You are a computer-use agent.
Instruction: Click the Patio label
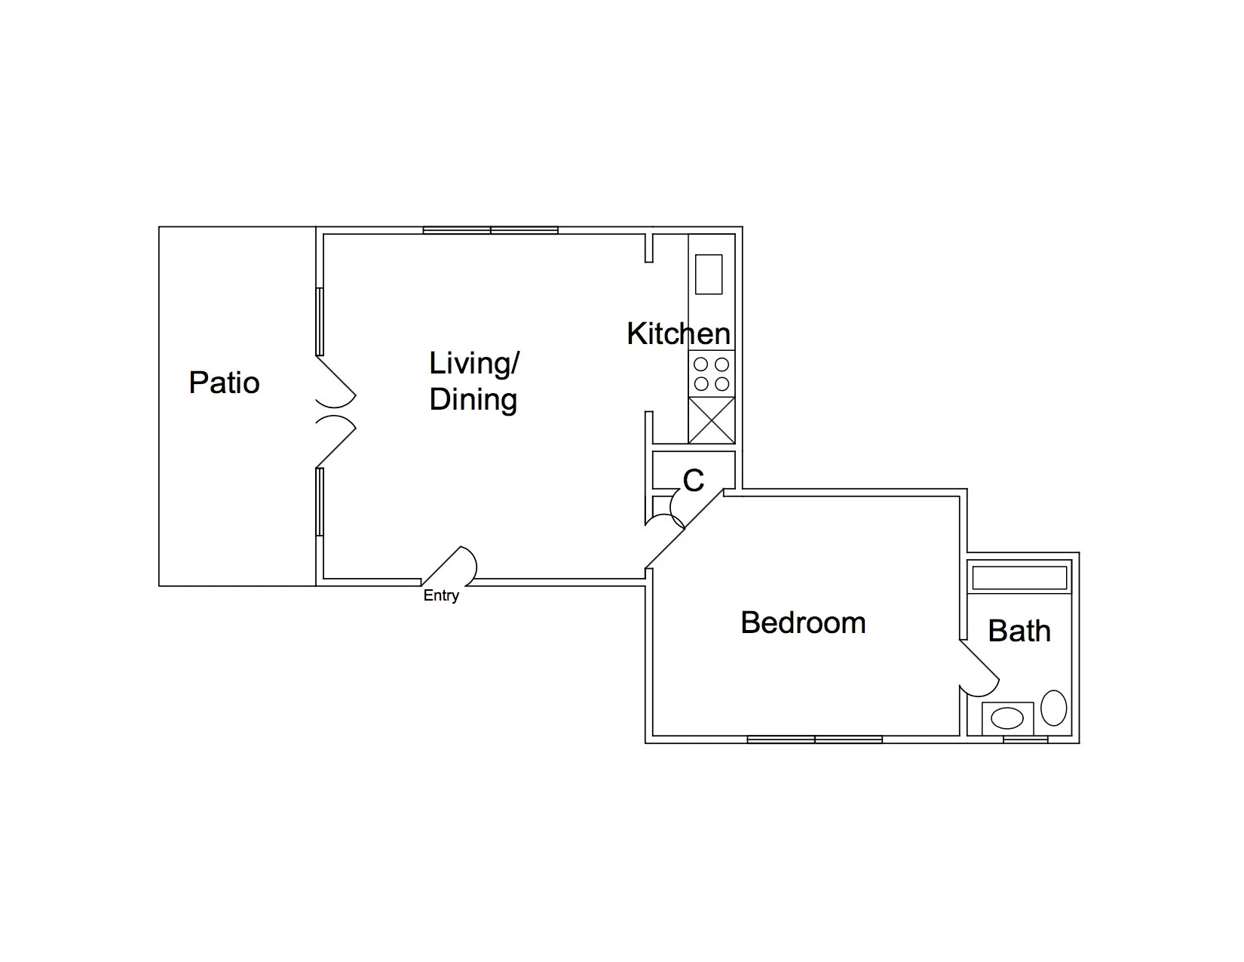tap(224, 383)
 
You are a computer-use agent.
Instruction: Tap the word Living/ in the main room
tap(473, 363)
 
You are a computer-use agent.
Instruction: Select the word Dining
tap(473, 399)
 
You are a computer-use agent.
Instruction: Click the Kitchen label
tap(678, 333)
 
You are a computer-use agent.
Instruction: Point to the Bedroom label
tap(803, 622)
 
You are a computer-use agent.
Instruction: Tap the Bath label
tap(1019, 631)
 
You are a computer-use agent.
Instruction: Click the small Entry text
tap(441, 595)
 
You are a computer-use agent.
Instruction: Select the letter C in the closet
tap(693, 480)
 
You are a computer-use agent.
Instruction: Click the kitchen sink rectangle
tap(708, 274)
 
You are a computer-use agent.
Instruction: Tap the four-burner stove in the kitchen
tap(711, 373)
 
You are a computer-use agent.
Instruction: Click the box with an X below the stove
tap(711, 420)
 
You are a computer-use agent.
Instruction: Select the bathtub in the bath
tap(1019, 578)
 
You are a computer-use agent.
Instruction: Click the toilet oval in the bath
tap(1053, 708)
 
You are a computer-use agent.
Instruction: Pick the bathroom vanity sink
tap(1007, 718)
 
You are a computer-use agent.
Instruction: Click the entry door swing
tap(452, 566)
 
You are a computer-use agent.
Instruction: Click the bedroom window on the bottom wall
tap(814, 739)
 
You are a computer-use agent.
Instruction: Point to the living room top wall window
tap(490, 230)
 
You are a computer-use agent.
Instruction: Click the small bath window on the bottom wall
tap(1025, 739)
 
